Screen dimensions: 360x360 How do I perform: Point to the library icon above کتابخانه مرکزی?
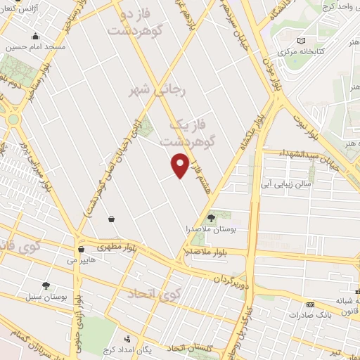(302, 41)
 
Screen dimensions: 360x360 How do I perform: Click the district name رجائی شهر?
(150, 91)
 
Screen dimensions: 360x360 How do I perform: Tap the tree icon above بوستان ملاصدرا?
(212, 218)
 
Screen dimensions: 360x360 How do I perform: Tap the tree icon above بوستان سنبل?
(46, 285)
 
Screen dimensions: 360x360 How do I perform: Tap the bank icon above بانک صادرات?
(310, 304)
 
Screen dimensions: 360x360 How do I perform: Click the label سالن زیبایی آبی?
(286, 184)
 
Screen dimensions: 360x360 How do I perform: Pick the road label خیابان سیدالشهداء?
(302, 153)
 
